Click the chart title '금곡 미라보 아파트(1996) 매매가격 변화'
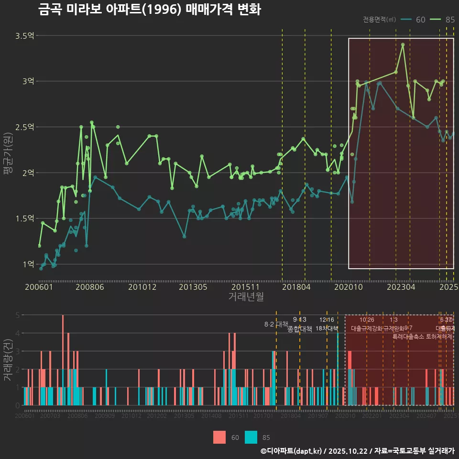(149, 10)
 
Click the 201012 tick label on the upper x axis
(142, 287)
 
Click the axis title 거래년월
(246, 296)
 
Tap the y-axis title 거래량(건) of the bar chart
(8, 360)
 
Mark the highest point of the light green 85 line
(403, 44)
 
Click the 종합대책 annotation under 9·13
(300, 329)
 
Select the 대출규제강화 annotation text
(366, 328)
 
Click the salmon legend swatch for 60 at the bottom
(219, 437)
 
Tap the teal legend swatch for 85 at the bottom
(251, 437)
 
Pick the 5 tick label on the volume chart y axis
(18, 315)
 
